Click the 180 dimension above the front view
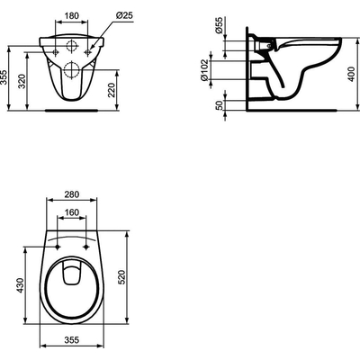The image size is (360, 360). tap(72, 16)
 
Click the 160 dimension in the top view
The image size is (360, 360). tap(72, 215)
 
